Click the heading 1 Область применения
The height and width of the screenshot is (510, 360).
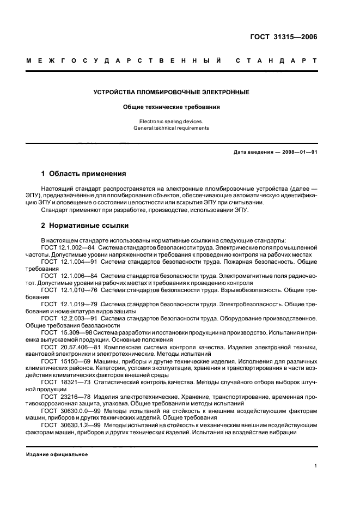(84, 174)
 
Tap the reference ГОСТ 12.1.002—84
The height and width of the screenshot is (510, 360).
(68, 247)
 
